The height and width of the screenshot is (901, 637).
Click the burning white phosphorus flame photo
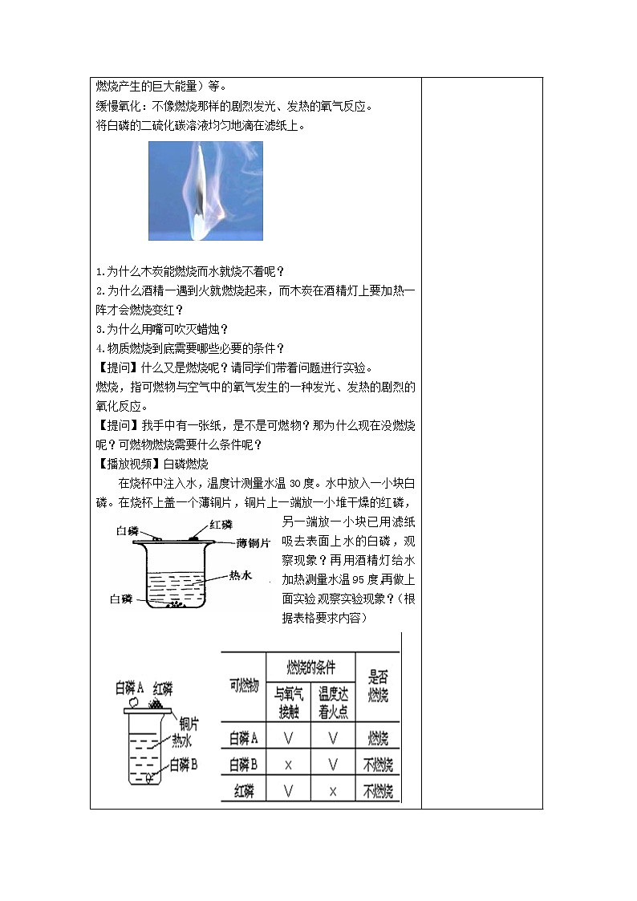[205, 191]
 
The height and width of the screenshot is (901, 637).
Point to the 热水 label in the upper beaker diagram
[241, 575]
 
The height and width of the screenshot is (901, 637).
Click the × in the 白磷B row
[288, 765]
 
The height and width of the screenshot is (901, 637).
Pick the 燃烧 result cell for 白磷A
[378, 738]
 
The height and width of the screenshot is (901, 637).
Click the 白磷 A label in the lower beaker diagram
[129, 687]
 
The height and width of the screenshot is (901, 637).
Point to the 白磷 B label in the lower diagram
[184, 765]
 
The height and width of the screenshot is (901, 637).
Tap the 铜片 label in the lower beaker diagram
[189, 720]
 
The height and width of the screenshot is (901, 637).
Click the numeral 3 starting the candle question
[98, 328]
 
